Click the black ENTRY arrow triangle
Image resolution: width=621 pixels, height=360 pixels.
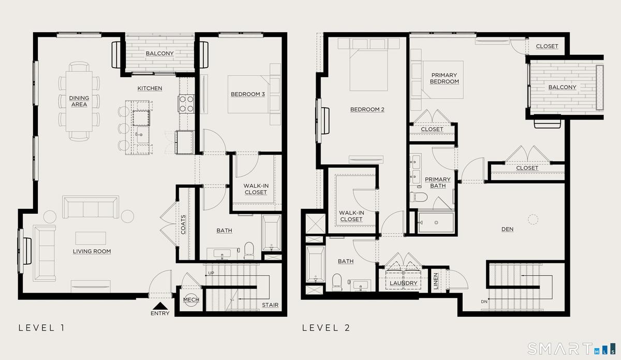point(160,306)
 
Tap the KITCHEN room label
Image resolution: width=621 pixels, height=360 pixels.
point(150,88)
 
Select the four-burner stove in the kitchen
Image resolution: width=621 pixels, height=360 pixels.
point(186,104)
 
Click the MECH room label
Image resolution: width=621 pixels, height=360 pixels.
point(191,299)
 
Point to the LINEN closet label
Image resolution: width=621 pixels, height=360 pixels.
point(436,281)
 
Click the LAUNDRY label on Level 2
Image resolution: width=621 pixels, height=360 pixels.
point(403,283)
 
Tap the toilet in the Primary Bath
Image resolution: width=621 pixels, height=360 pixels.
point(419,197)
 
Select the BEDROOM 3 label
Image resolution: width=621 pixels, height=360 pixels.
point(248,94)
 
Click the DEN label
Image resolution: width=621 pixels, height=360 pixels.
point(507,229)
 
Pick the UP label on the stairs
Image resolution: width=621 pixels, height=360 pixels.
point(211,273)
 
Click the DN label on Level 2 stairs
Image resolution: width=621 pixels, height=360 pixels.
point(484,302)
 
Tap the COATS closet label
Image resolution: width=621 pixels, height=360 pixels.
point(183,224)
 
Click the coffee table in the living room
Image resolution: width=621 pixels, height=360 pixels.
point(91,238)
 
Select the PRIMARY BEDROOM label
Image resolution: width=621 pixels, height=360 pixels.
point(445,78)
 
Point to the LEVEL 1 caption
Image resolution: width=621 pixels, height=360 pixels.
point(41,328)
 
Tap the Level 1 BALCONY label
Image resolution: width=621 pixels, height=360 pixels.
point(160,53)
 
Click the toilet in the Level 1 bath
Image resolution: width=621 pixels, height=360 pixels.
point(249,250)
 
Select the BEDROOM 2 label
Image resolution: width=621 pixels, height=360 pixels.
point(367,110)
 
